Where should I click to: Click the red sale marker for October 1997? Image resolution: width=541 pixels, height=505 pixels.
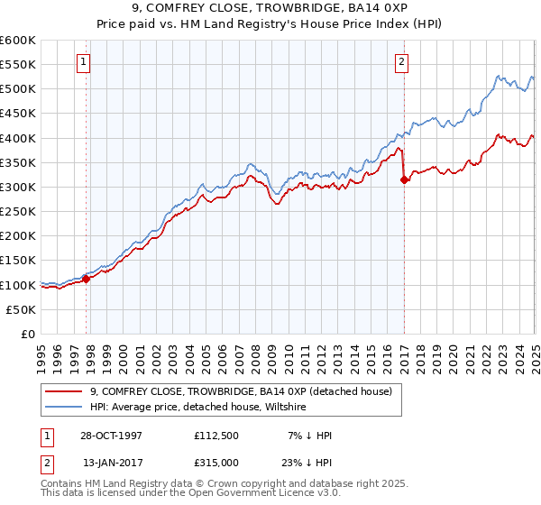(87, 279)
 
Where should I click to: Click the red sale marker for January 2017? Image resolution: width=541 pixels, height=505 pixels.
(403, 179)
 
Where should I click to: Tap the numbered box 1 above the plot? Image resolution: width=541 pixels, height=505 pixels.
(82, 62)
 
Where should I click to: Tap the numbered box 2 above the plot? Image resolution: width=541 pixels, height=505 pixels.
(400, 62)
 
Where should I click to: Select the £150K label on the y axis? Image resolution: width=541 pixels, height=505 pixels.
(18, 261)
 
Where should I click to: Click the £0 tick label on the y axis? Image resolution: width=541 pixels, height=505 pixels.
(27, 334)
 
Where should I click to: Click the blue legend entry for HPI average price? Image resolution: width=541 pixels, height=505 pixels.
(198, 408)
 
